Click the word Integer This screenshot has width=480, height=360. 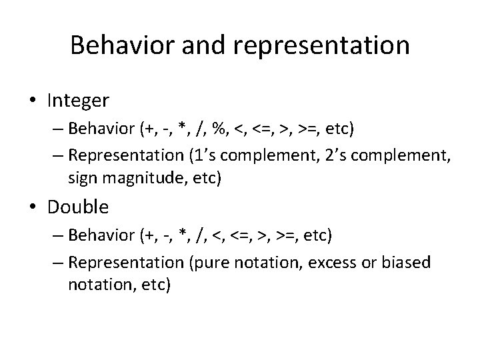78,101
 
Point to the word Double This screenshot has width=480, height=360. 78,207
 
